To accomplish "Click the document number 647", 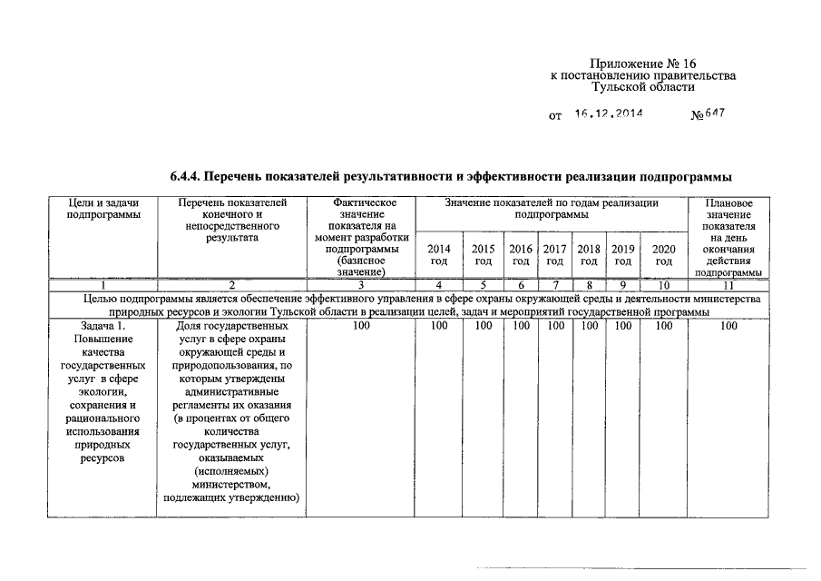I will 716,114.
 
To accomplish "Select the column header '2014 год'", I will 438,254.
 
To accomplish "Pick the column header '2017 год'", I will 555,254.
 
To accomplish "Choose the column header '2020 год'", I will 664,254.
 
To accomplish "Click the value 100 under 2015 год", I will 484,326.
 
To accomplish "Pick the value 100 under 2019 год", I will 622,326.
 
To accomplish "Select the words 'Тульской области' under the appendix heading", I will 643,88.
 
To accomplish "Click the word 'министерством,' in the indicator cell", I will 231,484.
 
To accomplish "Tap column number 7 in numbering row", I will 555,284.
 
